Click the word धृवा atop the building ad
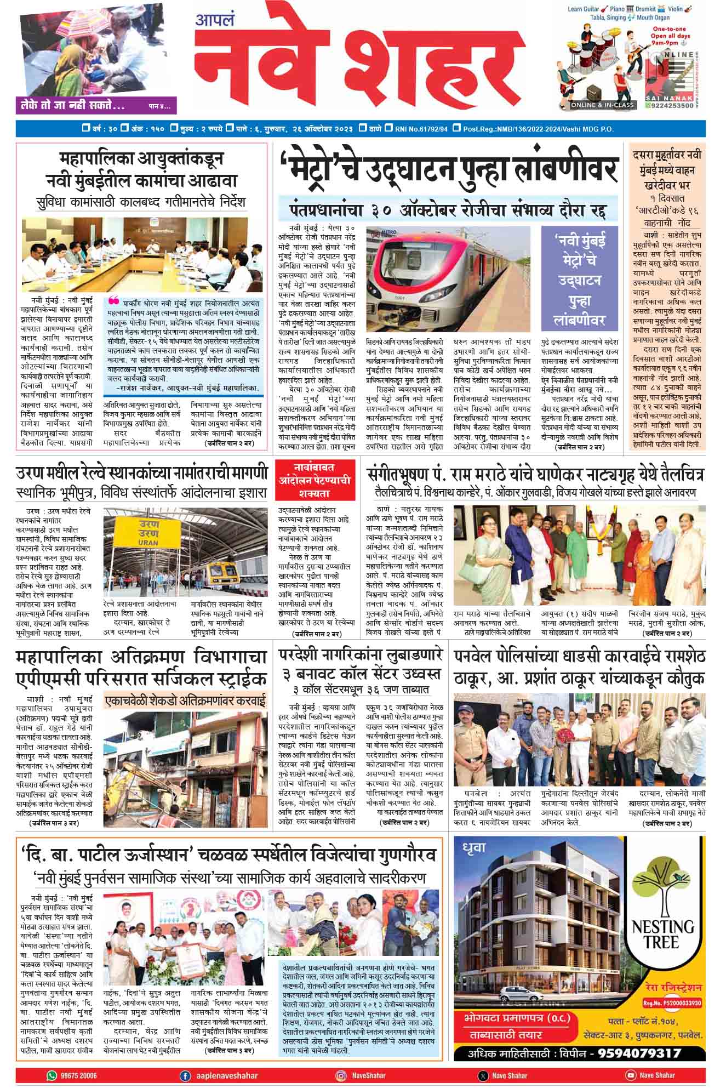[x=475, y=847]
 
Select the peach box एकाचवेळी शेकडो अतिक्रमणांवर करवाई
[x=186, y=700]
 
